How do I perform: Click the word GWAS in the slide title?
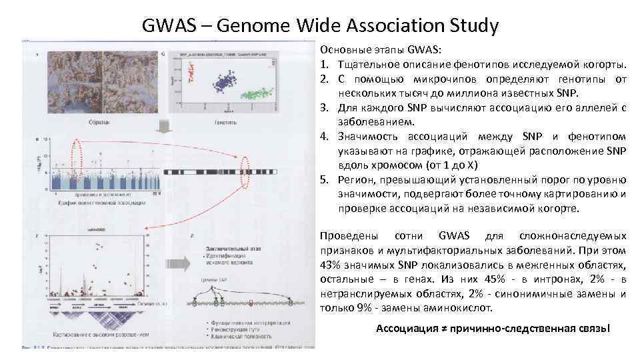click(x=169, y=26)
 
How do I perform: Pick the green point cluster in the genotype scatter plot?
click(x=257, y=94)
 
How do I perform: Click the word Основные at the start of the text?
click(x=341, y=50)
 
